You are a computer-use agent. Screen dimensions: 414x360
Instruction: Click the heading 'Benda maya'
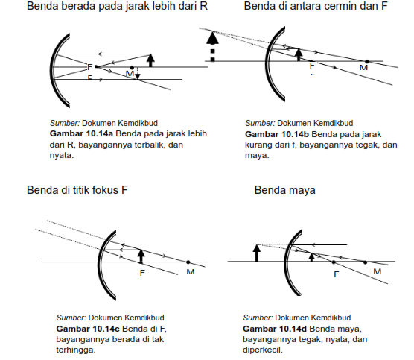tap(284, 190)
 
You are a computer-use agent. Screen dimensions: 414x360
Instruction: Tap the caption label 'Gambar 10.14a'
tap(81, 133)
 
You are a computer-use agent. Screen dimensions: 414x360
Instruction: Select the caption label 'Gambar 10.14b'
tap(277, 134)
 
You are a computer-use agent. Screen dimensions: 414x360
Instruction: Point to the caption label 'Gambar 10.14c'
tap(88, 329)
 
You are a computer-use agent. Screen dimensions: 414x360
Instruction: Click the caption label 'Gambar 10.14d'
tap(275, 329)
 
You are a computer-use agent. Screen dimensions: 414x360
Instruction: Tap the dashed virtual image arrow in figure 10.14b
tap(212, 46)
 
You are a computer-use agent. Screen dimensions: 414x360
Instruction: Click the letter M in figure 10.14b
tap(363, 68)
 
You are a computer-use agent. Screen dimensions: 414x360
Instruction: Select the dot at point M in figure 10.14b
tap(367, 62)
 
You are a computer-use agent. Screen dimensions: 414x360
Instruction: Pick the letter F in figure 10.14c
tap(142, 273)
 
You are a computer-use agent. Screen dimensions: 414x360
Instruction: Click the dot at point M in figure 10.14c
tap(188, 262)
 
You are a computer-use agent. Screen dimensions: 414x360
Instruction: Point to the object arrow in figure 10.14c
tap(141, 256)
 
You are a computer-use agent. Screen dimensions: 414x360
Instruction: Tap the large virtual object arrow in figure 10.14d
tap(257, 253)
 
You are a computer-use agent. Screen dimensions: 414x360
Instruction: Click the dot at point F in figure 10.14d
tap(334, 262)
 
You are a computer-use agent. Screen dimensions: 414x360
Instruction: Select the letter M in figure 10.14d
tap(378, 271)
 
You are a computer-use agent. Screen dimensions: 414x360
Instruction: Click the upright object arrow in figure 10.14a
tap(150, 60)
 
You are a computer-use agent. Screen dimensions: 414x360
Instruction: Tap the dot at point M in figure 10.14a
tap(132, 68)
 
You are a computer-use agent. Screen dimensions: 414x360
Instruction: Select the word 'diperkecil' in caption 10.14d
tap(262, 350)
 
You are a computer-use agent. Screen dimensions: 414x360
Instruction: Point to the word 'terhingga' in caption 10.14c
tap(75, 350)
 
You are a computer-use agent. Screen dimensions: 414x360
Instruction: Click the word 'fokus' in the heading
tap(105, 190)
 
